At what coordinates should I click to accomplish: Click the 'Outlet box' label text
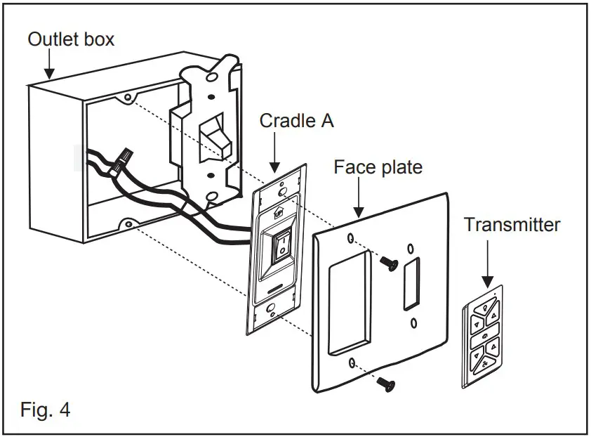point(70,39)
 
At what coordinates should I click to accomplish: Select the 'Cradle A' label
point(296,121)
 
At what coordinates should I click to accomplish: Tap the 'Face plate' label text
point(378,167)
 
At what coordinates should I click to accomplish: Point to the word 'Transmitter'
point(512,225)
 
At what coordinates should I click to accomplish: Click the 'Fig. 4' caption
point(45,409)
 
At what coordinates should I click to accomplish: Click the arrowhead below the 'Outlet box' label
point(48,72)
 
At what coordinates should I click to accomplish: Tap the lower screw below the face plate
point(384,382)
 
